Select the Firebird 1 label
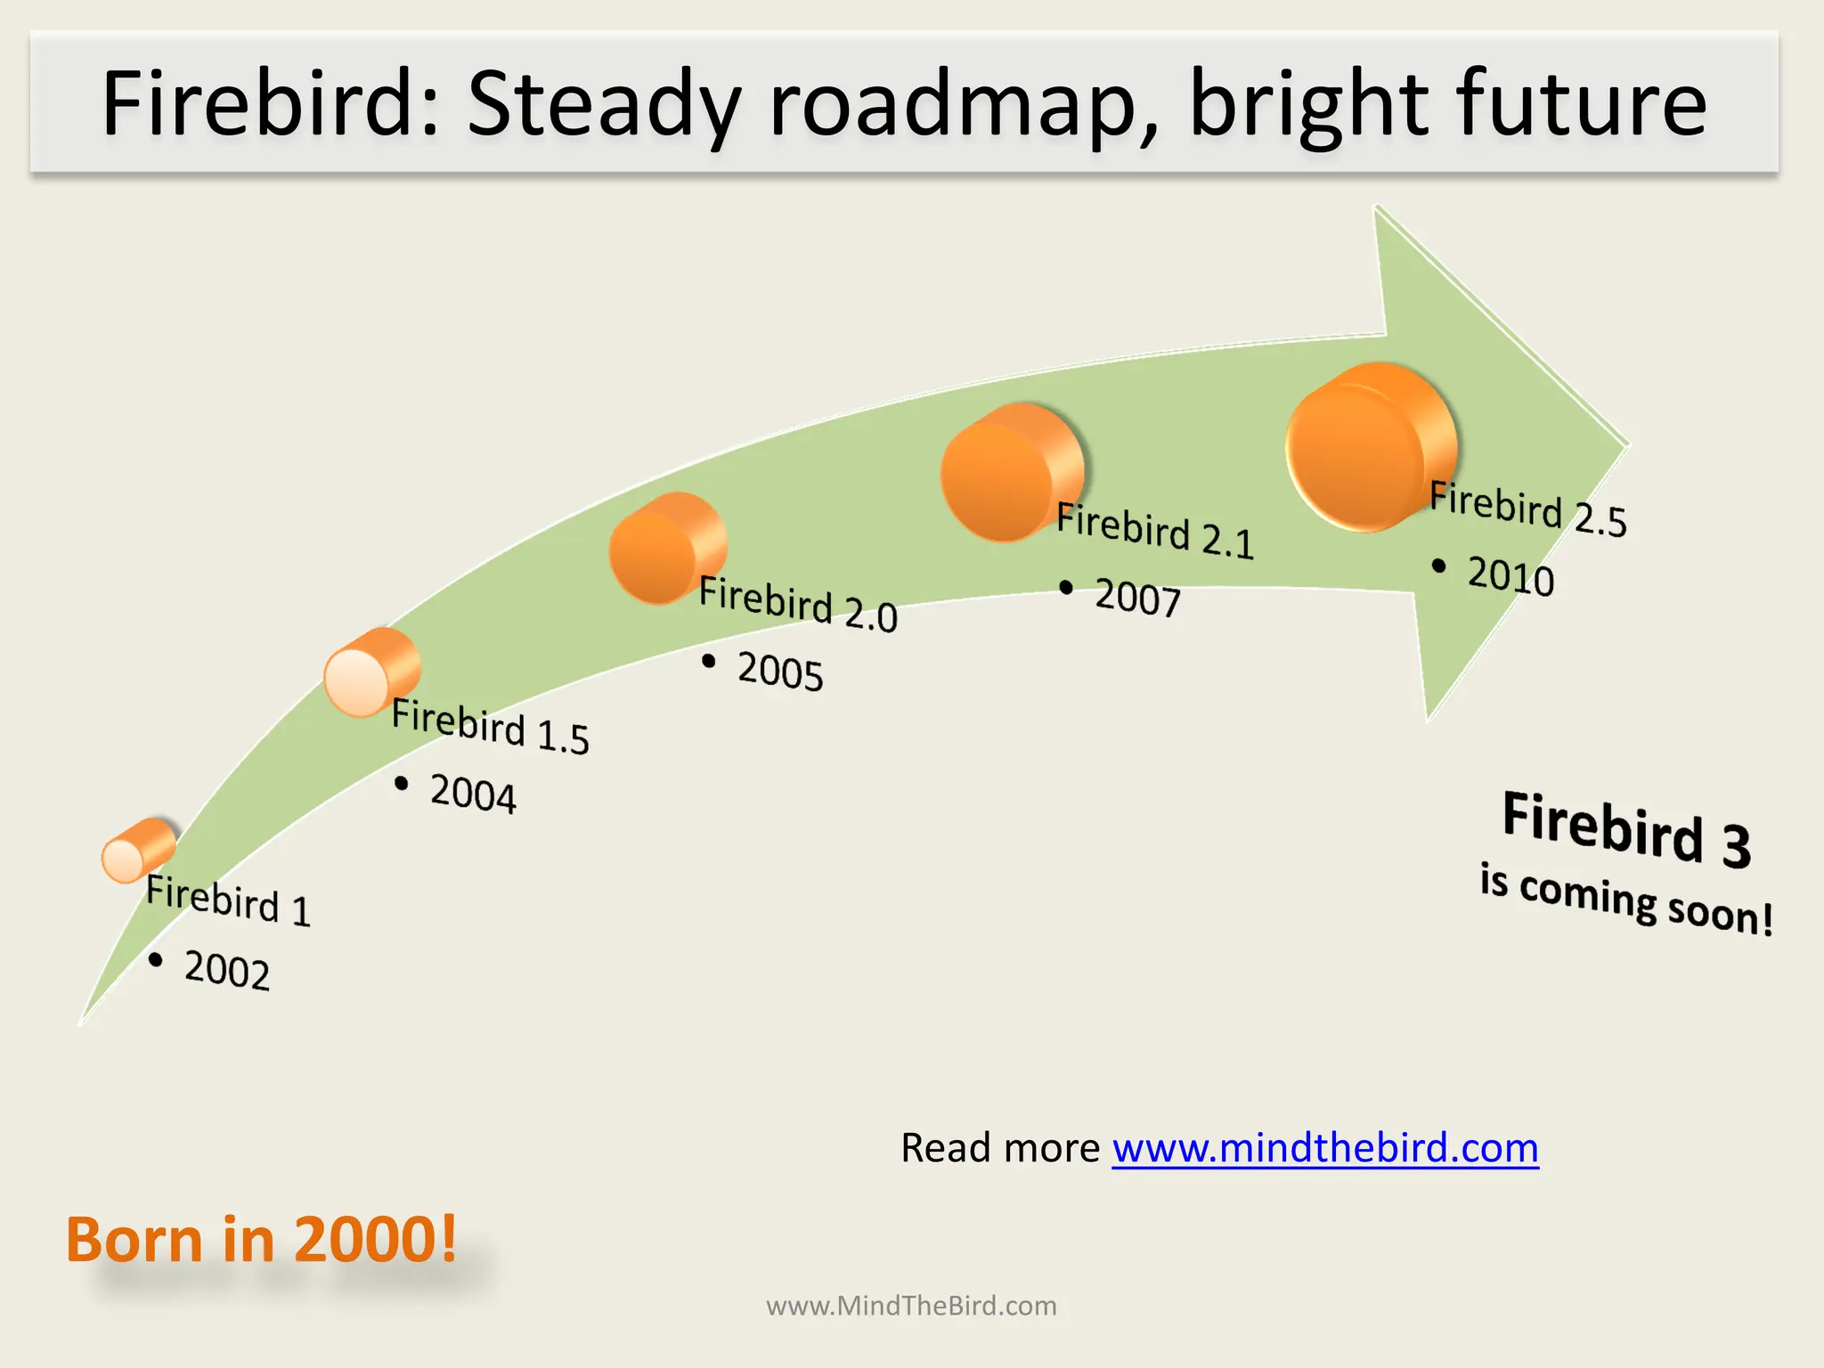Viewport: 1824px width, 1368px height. pos(228,900)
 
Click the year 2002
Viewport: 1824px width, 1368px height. pos(226,970)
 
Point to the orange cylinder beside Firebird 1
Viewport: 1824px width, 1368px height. pos(137,851)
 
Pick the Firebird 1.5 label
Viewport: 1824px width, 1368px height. pos(490,727)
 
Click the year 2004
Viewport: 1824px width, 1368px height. pos(472,794)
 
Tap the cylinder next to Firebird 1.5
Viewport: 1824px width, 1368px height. pos(370,673)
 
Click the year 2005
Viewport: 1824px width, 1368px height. pos(779,671)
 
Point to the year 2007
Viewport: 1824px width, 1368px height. pos(1137,598)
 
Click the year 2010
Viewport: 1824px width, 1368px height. pos(1510,576)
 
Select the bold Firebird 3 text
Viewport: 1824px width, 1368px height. pos(1626,829)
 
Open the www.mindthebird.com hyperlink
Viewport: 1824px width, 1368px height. pos(1325,1148)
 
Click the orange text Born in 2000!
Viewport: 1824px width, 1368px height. pos(261,1240)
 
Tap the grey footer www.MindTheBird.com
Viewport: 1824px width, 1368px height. pos(911,1307)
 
